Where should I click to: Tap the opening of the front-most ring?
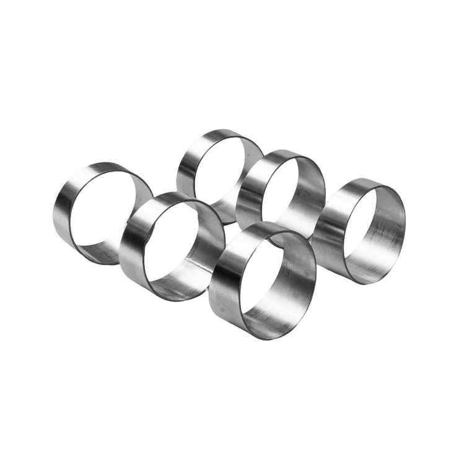tap(263, 279)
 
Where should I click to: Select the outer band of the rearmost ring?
tap(186, 164)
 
